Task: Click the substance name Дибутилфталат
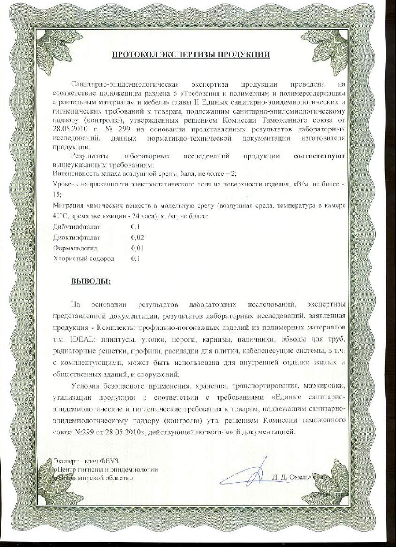(x=77, y=227)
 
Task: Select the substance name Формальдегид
(x=75, y=248)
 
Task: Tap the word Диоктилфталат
(x=77, y=238)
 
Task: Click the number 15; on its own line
(x=57, y=194)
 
